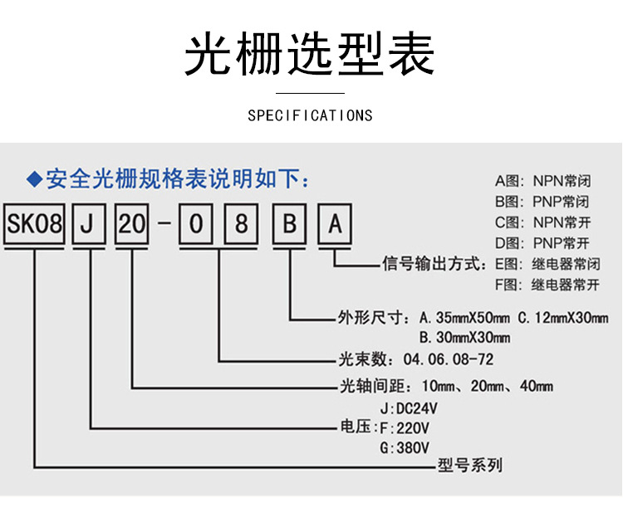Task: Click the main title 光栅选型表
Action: [309, 54]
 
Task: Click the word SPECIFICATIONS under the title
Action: [310, 115]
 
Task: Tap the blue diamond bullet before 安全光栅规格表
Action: [34, 178]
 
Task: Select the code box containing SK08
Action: [35, 224]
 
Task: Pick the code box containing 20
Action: [131, 224]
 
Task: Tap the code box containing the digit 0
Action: [194, 224]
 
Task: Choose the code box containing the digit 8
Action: [241, 224]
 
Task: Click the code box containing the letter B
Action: [290, 224]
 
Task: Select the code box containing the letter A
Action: [335, 224]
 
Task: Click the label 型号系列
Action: [469, 466]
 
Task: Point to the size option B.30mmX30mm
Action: [464, 338]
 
